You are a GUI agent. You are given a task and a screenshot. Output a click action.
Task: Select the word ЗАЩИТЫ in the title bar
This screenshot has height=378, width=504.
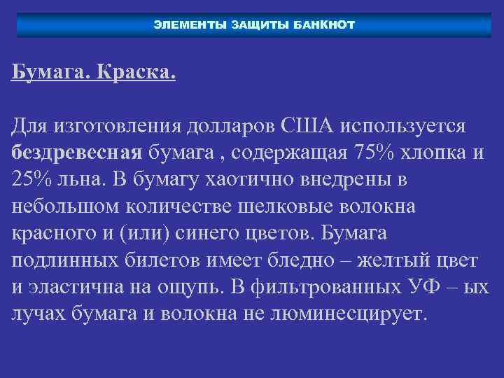256,25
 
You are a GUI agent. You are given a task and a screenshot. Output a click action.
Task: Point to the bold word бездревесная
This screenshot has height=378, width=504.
77,153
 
